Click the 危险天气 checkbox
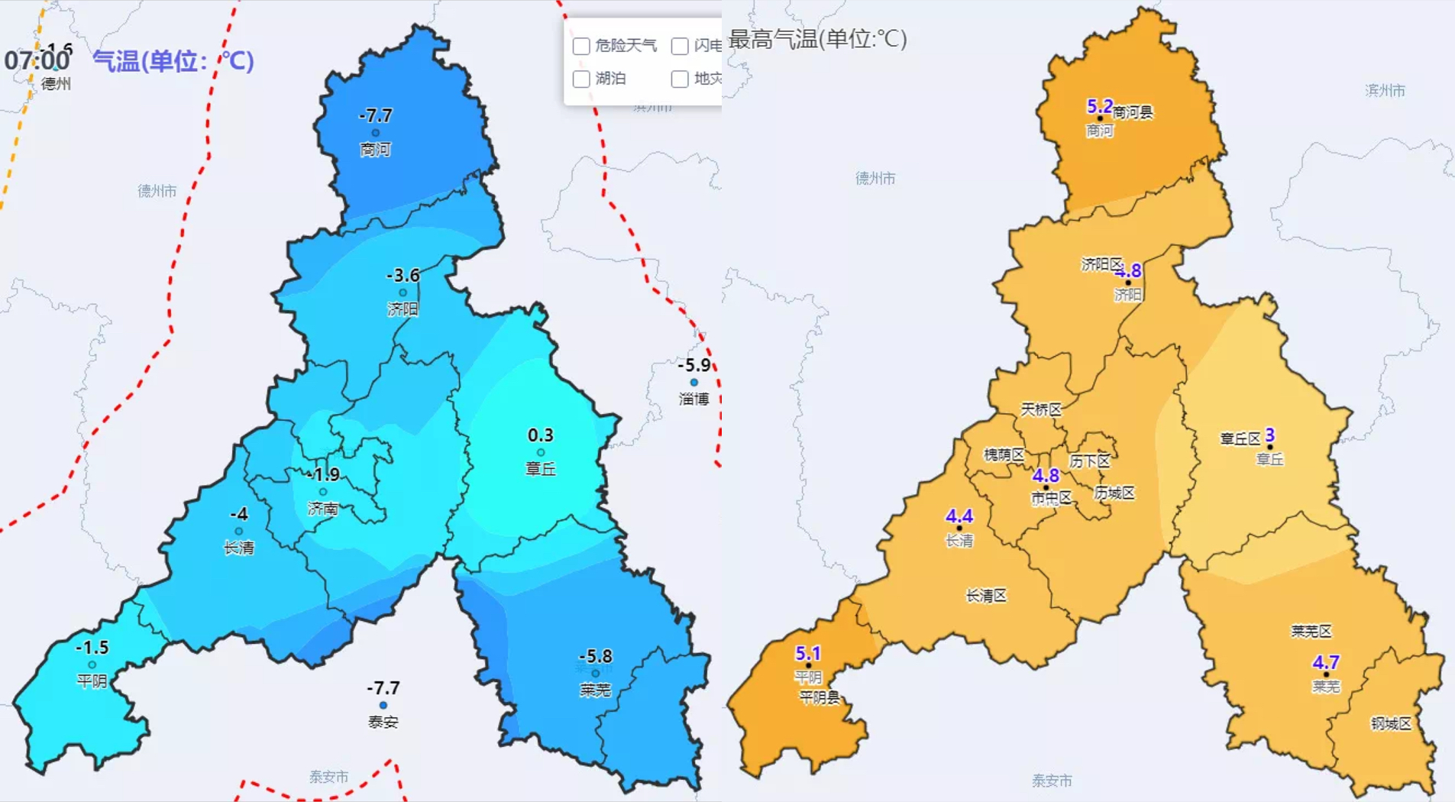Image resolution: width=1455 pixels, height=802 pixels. pos(581,47)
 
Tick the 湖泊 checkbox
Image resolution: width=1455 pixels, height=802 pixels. pos(581,79)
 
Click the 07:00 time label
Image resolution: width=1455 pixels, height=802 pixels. pos(37,60)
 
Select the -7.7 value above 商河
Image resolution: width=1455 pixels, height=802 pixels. pos(376,115)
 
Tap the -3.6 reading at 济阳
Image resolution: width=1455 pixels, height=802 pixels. pos(403,275)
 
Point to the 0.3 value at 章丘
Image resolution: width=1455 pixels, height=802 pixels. pos(540,435)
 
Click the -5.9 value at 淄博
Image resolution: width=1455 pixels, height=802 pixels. pos(694,365)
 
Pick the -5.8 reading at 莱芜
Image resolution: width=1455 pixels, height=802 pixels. pos(595,656)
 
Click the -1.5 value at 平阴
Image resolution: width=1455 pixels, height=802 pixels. pos(92,648)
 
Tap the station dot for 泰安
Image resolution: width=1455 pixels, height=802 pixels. pos(383,705)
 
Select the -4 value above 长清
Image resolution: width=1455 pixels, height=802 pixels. pos(239,514)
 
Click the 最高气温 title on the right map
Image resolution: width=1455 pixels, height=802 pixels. pos(817,38)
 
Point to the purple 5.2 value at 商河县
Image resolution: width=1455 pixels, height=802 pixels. pos(1099,106)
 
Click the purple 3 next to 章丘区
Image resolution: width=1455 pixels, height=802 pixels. pos(1269,435)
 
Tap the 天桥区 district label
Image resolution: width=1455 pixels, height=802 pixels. pos(1041,409)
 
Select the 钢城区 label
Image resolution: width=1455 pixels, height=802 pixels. pos(1390,723)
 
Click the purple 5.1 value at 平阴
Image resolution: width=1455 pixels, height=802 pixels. pos(807,653)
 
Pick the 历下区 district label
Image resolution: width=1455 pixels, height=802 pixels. pos(1089,461)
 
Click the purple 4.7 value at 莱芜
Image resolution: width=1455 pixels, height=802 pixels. pos(1325,662)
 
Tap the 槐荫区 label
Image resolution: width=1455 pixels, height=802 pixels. pos(1004,454)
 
